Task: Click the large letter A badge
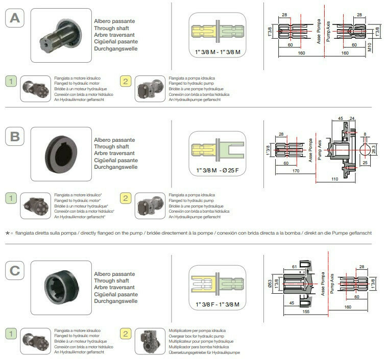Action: tap(15, 19)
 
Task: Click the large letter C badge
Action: tap(15, 271)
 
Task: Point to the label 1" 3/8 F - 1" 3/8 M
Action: tap(217, 304)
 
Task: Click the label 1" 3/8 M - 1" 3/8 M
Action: tap(217, 53)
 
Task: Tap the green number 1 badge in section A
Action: tap(10, 81)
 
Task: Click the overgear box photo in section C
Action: tap(150, 342)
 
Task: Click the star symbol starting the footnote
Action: tap(8, 233)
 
